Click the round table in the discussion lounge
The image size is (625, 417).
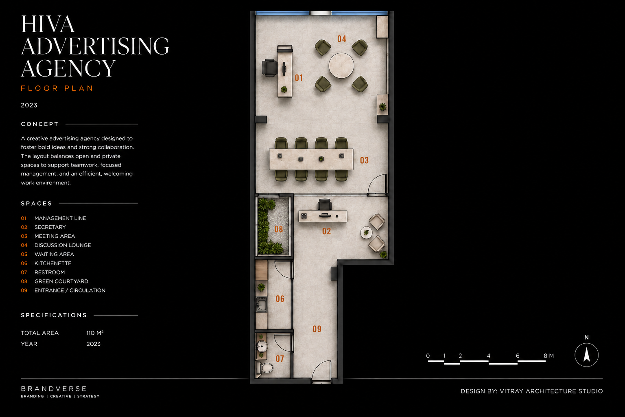point(341,66)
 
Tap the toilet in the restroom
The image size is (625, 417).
point(265,368)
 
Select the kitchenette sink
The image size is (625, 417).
point(262,304)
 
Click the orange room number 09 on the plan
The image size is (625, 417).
point(317,329)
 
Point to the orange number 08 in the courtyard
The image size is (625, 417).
point(278,229)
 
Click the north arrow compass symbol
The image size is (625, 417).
point(586,355)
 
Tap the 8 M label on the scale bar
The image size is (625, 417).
point(549,356)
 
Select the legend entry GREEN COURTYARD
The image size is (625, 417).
point(61,281)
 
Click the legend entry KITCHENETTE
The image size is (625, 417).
point(53,263)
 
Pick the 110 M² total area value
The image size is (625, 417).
point(95,333)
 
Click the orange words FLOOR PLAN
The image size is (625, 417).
point(57,88)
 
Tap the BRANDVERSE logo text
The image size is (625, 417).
point(54,388)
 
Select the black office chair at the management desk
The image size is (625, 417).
point(269,68)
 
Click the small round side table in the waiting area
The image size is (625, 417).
point(366,233)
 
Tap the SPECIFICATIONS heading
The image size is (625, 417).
point(54,315)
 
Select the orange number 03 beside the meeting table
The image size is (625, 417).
point(364,160)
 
